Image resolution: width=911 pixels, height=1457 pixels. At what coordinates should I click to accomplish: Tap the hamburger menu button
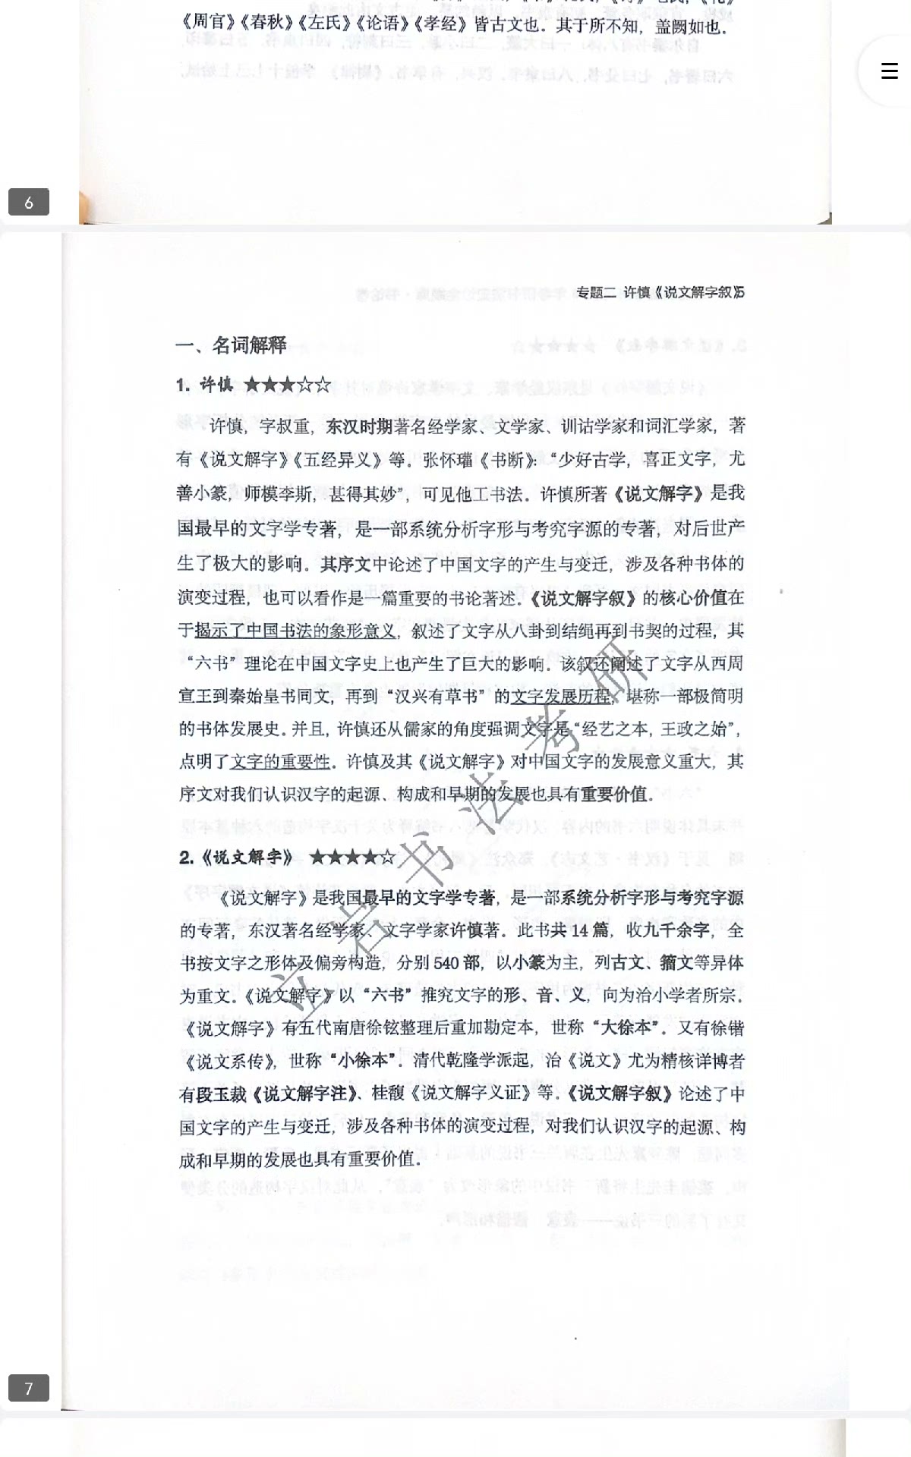point(889,71)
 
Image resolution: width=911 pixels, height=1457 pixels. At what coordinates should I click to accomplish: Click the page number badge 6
point(29,202)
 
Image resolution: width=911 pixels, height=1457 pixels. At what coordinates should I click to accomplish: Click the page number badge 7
point(29,1388)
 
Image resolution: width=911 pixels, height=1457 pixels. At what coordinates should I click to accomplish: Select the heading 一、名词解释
point(231,345)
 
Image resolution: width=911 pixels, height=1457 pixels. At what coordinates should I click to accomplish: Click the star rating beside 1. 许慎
point(288,384)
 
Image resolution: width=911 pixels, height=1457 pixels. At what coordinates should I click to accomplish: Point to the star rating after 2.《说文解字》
point(352,858)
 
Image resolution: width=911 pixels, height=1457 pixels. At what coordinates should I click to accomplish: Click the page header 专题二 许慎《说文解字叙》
point(660,292)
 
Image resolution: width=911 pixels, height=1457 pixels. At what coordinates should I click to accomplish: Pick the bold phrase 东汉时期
point(358,426)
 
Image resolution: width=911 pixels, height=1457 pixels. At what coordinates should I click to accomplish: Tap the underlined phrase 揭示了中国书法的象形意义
point(295,631)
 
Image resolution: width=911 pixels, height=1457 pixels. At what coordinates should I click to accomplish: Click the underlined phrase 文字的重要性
point(280,761)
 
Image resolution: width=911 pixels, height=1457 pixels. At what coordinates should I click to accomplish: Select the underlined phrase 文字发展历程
point(561,696)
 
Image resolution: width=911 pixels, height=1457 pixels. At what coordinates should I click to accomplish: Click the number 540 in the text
point(448,963)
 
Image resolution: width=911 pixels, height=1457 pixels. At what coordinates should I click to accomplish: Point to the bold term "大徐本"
point(623,1028)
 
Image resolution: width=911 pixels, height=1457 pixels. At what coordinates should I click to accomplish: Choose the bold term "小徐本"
point(364,1061)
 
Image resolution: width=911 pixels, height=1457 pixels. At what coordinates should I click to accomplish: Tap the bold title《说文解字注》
point(305,1094)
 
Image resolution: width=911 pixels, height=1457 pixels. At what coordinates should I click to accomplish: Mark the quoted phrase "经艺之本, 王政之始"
point(657,728)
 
